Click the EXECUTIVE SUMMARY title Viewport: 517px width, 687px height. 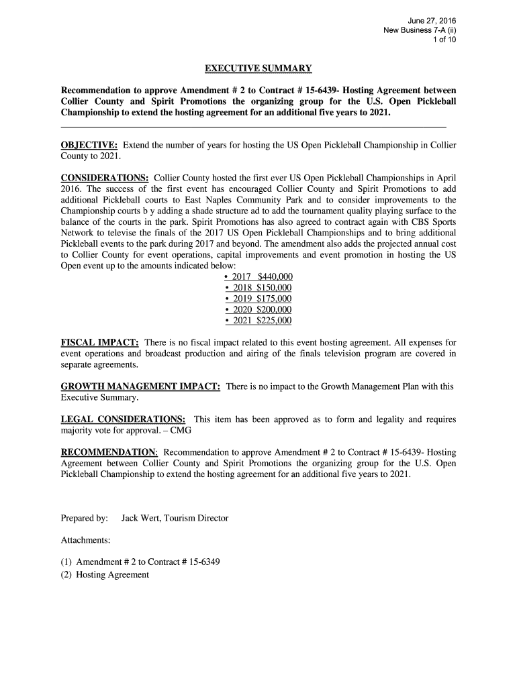click(258, 68)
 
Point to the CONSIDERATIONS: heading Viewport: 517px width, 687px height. click(105, 178)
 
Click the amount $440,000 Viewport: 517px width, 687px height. click(275, 277)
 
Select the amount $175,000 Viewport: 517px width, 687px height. click(275, 299)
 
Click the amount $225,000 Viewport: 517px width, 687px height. click(275, 321)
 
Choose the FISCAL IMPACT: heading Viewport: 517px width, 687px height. click(99, 343)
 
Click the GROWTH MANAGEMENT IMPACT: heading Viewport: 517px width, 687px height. click(141, 386)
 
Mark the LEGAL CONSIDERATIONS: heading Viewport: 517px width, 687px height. click(124, 419)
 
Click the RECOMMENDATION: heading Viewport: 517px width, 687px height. click(109, 452)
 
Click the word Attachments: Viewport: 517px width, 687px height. click(86, 539)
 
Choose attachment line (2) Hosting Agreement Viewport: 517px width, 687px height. click(105, 574)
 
